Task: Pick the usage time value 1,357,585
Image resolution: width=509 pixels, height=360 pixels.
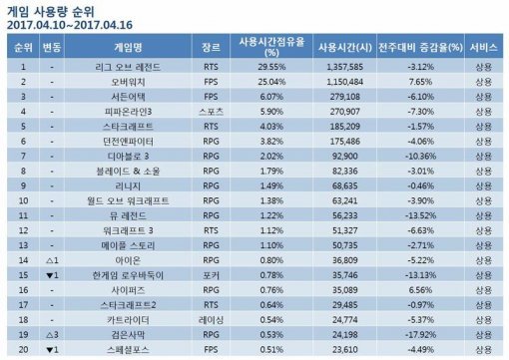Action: [341, 67]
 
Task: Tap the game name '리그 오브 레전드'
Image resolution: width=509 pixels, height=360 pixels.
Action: [129, 67]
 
